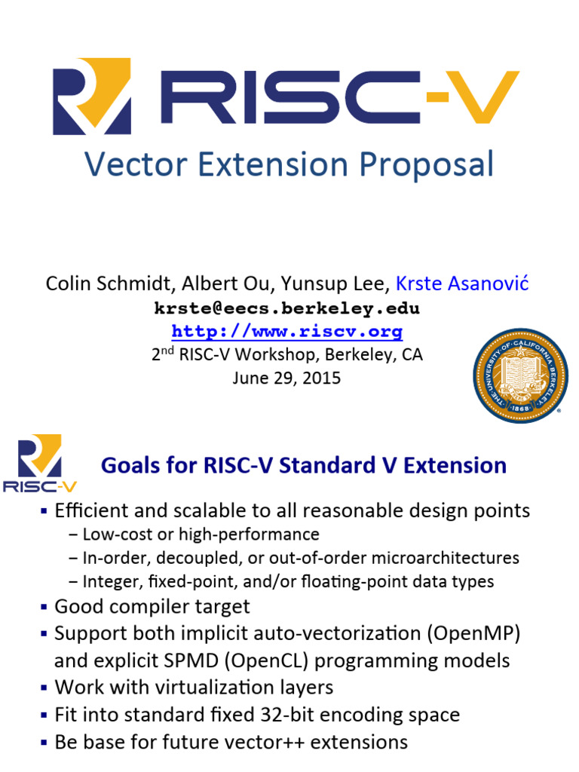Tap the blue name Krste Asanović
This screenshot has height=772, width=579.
(462, 283)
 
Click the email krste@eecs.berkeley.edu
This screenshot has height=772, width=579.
(287, 308)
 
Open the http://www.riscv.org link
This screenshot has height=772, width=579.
(287, 332)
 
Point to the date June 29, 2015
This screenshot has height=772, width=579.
(286, 378)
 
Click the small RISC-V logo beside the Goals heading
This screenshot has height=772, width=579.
(40, 463)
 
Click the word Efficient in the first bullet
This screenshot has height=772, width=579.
(91, 510)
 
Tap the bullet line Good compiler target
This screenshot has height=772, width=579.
(152, 606)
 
